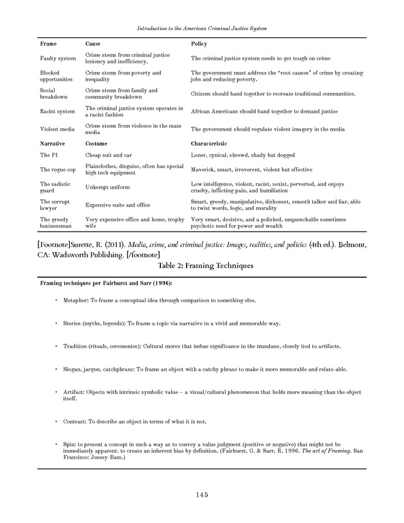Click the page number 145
point(201,494)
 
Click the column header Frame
point(49,44)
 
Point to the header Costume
point(96,144)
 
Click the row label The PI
point(49,155)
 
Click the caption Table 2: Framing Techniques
point(201,264)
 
